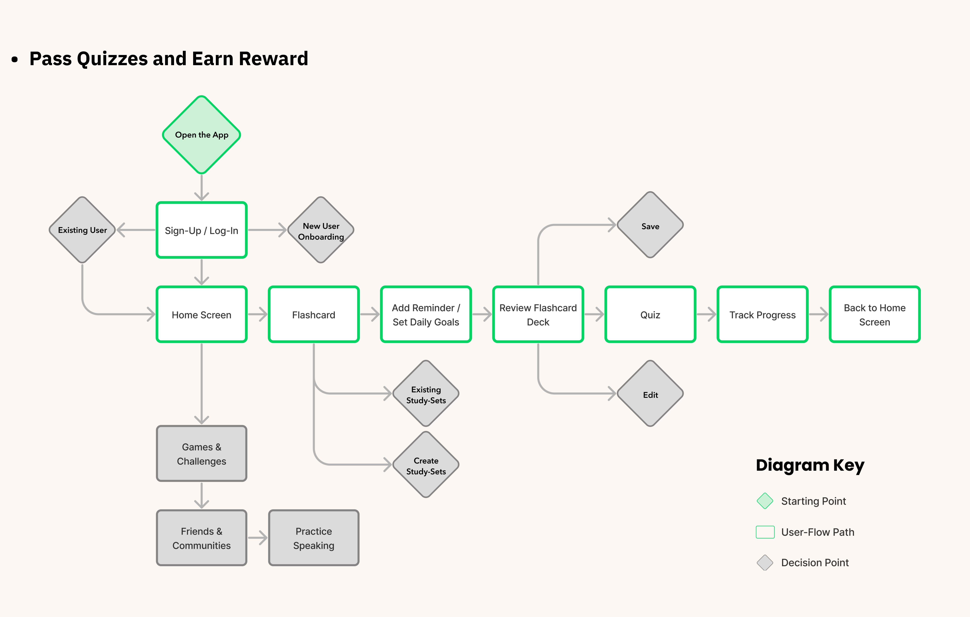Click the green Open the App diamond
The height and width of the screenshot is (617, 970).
coord(201,135)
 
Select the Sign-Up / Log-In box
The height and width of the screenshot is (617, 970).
coord(201,230)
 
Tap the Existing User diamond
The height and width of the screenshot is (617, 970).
coord(82,230)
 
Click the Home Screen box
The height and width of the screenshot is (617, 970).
coord(201,314)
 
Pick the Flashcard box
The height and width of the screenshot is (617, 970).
coord(313,314)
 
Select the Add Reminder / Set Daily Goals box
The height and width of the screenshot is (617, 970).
coord(426,314)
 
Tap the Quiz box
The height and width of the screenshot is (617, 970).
coord(650,314)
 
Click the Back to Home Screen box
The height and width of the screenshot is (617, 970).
coord(875,314)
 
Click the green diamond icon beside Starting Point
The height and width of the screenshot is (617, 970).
coord(765,501)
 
